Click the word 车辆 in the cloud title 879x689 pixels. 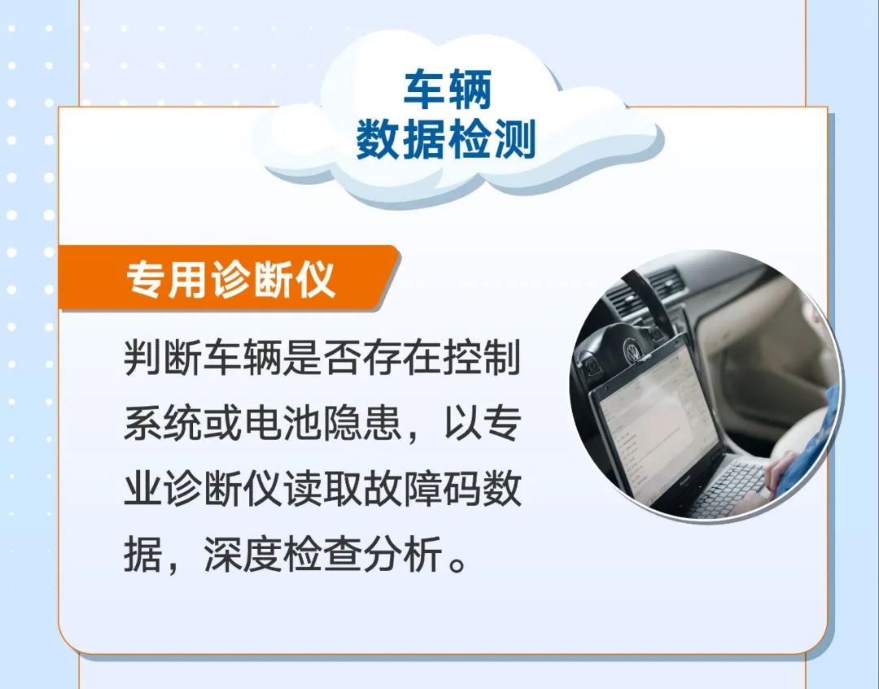448,89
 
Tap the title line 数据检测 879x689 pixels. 446,138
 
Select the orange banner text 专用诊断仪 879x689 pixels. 230,278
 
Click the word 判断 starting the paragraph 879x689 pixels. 163,357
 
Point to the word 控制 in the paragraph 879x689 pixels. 482,357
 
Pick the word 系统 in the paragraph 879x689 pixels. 163,423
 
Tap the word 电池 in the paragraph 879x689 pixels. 282,423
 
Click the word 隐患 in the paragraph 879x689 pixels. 362,423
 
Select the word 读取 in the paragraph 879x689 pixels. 322,488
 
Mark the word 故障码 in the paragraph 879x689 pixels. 422,488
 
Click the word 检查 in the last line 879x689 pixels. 322,555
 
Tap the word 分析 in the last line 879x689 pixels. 402,555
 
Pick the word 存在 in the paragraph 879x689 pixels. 402,357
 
